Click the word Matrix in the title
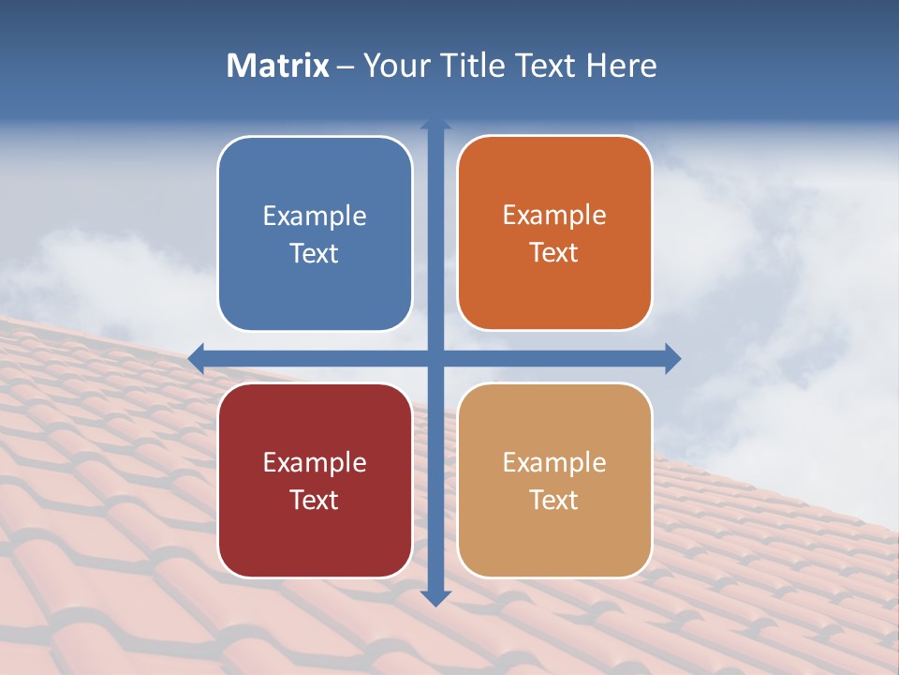(x=278, y=66)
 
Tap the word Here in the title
(x=622, y=66)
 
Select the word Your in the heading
(x=393, y=66)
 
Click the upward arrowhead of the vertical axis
(x=435, y=124)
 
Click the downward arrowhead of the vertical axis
(x=435, y=598)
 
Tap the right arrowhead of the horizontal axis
(x=672, y=358)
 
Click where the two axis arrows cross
(x=435, y=358)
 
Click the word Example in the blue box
(x=315, y=217)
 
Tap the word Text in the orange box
(x=554, y=253)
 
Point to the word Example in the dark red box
(x=315, y=462)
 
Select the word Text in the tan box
(x=554, y=500)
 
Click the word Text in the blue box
(x=315, y=254)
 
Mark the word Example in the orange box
(x=554, y=216)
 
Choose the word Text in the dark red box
(x=315, y=500)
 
